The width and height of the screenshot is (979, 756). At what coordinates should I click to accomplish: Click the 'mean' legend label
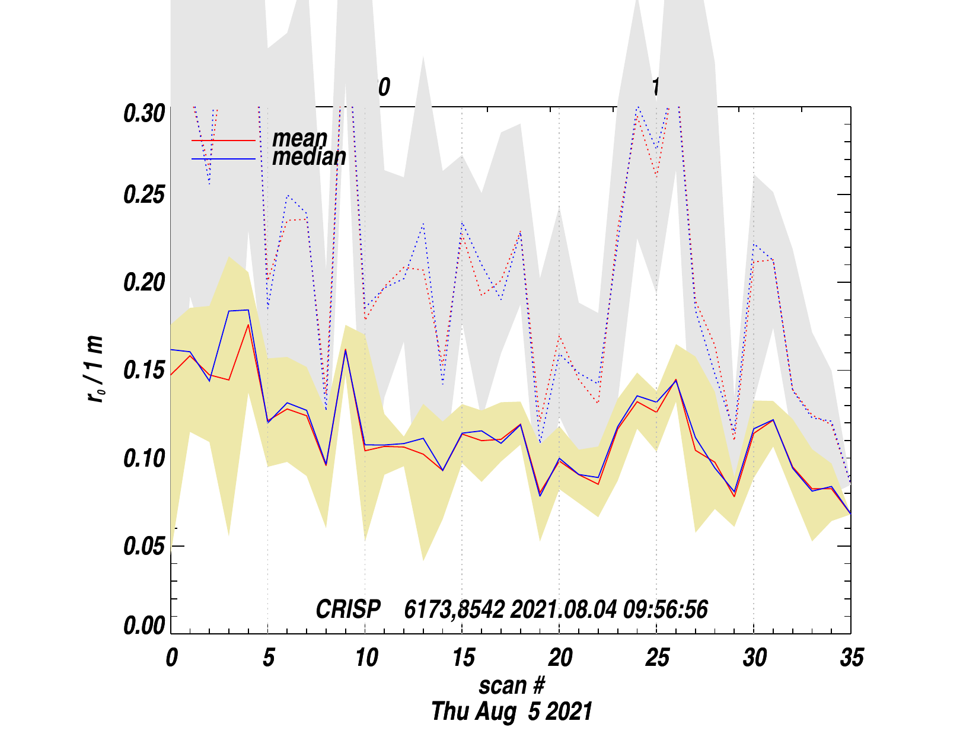pyautogui.click(x=299, y=138)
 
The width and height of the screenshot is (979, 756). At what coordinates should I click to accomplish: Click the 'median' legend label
pyautogui.click(x=309, y=157)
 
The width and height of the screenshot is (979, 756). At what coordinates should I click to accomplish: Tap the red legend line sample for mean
pyautogui.click(x=223, y=141)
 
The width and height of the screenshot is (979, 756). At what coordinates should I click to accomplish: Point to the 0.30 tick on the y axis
pyautogui.click(x=143, y=113)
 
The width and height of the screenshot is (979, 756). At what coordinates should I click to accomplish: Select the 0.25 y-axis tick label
pyautogui.click(x=143, y=195)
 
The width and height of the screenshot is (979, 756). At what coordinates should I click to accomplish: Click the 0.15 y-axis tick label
pyautogui.click(x=143, y=371)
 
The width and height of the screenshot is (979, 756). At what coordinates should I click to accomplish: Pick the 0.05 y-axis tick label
pyautogui.click(x=143, y=546)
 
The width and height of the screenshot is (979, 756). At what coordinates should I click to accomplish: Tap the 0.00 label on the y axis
pyautogui.click(x=143, y=626)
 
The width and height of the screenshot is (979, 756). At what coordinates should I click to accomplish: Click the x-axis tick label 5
pyautogui.click(x=269, y=658)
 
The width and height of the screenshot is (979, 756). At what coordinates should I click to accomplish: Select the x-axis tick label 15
pyautogui.click(x=463, y=658)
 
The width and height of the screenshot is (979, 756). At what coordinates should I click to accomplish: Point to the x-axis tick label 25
pyautogui.click(x=657, y=658)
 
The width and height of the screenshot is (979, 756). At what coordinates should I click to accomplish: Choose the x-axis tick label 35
pyautogui.click(x=852, y=658)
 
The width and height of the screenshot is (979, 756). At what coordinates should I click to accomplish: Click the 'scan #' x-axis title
pyautogui.click(x=511, y=685)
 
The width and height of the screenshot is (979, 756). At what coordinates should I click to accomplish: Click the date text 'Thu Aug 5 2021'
pyautogui.click(x=511, y=712)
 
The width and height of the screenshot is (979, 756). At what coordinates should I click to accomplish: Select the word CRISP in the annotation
pyautogui.click(x=348, y=610)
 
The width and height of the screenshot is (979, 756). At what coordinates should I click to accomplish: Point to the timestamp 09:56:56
pyautogui.click(x=665, y=610)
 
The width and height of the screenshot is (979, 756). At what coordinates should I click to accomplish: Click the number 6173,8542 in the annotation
pyautogui.click(x=454, y=610)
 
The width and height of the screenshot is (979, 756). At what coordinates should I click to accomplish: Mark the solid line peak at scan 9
pyautogui.click(x=345, y=350)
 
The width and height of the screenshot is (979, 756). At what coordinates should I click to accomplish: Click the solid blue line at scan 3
pyautogui.click(x=229, y=311)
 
